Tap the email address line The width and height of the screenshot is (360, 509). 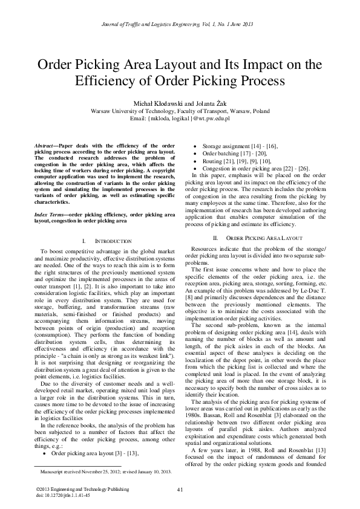pyautogui.click(x=180, y=118)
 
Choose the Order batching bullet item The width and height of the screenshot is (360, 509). pyautogui.click(x=227, y=154)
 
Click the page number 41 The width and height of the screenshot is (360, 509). pyautogui.click(x=180, y=488)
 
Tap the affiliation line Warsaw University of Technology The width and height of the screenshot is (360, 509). pyautogui.click(x=180, y=112)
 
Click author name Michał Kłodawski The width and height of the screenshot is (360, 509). pyautogui.click(x=152, y=104)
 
